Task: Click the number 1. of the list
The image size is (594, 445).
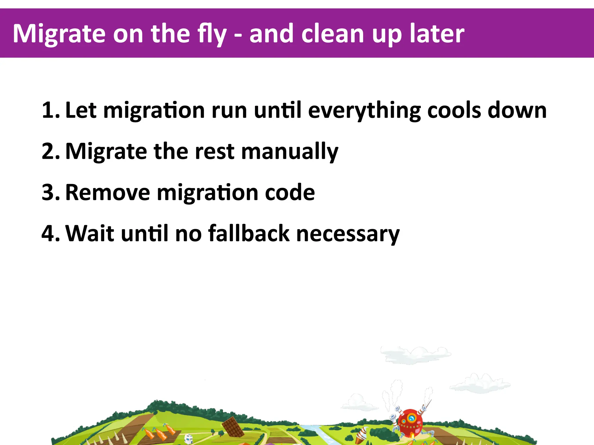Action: click(x=50, y=110)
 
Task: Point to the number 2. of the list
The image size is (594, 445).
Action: click(x=50, y=151)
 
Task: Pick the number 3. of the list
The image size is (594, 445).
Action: click(x=50, y=192)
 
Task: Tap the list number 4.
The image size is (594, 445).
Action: click(x=50, y=234)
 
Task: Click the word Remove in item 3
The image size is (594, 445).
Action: click(x=108, y=192)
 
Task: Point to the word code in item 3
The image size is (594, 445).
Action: click(x=290, y=192)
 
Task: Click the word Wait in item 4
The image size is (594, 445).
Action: click(x=90, y=234)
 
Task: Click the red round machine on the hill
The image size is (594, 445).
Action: click(x=410, y=422)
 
